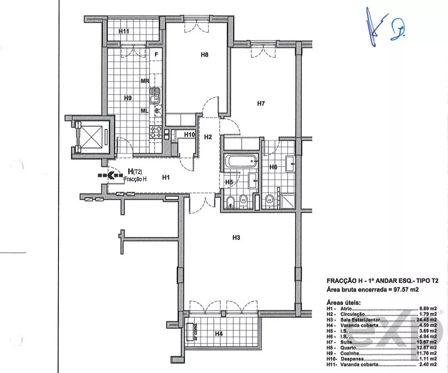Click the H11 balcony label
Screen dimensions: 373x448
123,32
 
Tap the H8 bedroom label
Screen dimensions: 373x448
205,55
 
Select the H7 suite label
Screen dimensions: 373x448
261,103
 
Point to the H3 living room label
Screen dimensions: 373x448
236,238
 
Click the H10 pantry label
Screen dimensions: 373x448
189,135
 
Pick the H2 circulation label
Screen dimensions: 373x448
208,137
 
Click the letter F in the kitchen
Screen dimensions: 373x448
157,54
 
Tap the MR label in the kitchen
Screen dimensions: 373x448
145,81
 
